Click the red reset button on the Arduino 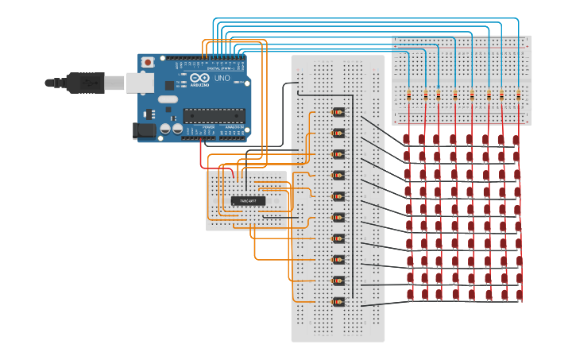click(x=148, y=62)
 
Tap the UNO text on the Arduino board click(x=222, y=79)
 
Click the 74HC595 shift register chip click(x=248, y=200)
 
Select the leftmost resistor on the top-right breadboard click(x=409, y=95)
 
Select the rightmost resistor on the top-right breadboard click(x=519, y=95)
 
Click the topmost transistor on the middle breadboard click(x=338, y=112)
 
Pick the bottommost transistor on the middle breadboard click(x=338, y=301)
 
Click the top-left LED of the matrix click(x=408, y=139)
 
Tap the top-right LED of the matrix click(x=517, y=139)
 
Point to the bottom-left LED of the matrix click(x=408, y=296)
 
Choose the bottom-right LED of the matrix click(x=519, y=296)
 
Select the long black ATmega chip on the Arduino click(x=214, y=116)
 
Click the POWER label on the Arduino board click(x=208, y=126)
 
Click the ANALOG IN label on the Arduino click(x=234, y=126)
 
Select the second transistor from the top click(x=338, y=133)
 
